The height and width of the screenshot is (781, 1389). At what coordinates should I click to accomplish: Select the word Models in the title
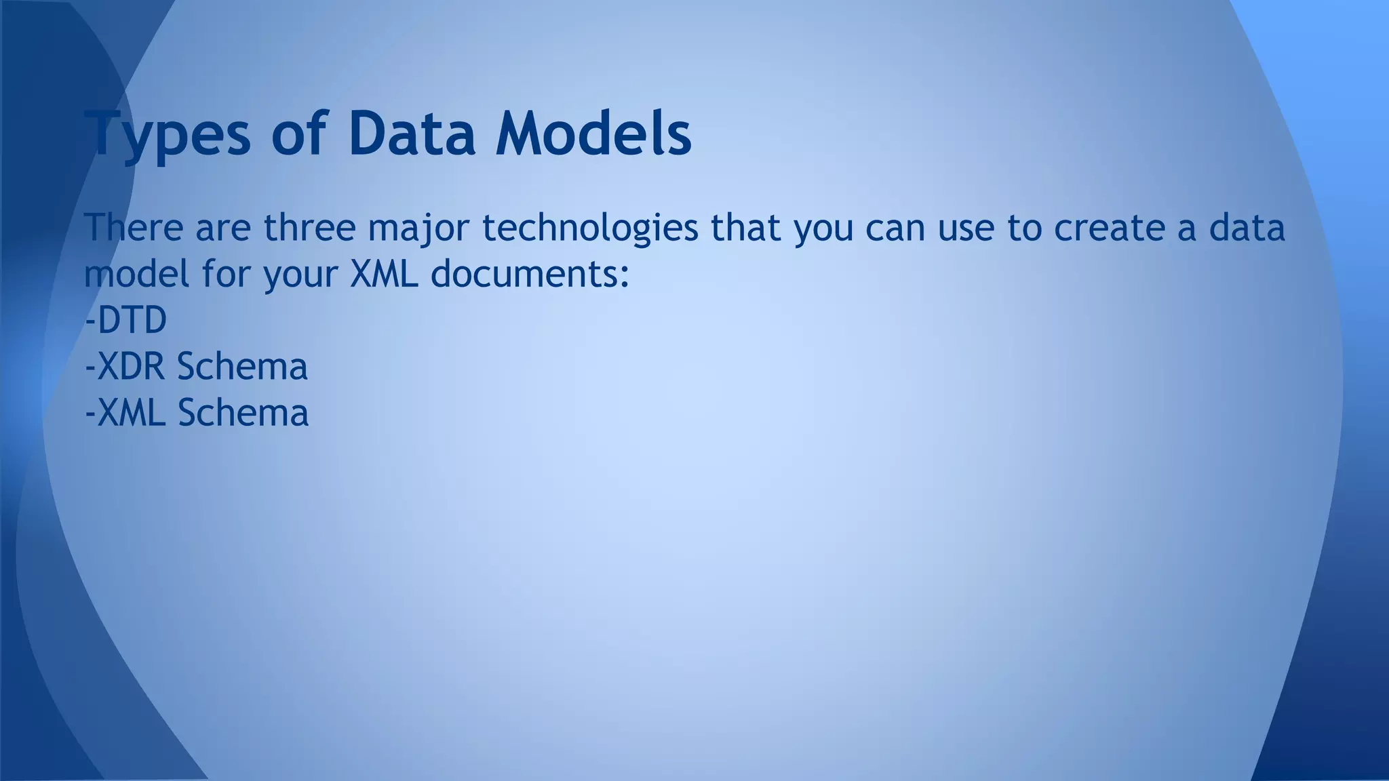(x=593, y=134)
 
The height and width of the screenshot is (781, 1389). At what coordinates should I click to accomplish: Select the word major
(x=418, y=228)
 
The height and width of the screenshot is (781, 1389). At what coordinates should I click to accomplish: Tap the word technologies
(x=590, y=228)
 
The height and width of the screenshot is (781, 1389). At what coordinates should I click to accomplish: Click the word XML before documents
(x=384, y=274)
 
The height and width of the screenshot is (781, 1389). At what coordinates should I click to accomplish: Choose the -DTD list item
(x=126, y=320)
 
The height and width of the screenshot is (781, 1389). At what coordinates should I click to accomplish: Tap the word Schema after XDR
(x=242, y=367)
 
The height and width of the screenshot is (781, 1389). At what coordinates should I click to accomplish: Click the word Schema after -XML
(x=243, y=413)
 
